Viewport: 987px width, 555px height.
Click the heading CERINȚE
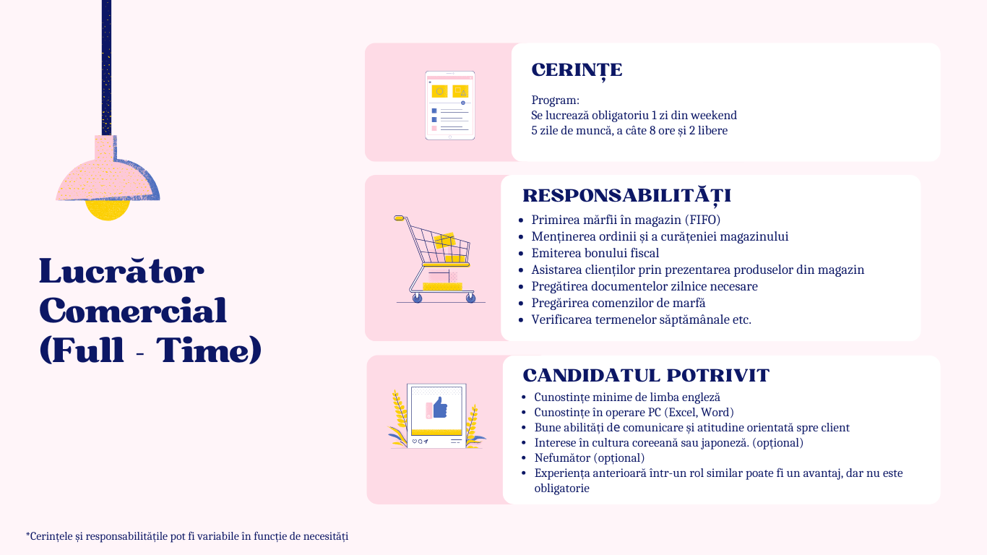[x=577, y=70]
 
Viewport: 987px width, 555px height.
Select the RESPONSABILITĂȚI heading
[x=626, y=196]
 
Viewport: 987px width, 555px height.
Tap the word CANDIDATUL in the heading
[x=591, y=376]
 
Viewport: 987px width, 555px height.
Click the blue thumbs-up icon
[x=440, y=408]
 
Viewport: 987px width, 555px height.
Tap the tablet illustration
[x=450, y=105]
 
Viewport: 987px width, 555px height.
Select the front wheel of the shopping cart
[x=470, y=298]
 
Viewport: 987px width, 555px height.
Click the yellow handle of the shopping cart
[x=399, y=218]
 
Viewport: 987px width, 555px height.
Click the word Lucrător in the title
[x=121, y=271]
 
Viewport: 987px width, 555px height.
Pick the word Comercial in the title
[x=133, y=310]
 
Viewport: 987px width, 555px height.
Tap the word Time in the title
[x=209, y=350]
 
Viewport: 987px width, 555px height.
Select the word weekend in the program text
[x=713, y=116]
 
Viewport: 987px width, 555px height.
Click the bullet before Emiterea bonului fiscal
[x=521, y=254]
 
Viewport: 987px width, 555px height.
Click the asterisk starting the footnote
[x=27, y=535]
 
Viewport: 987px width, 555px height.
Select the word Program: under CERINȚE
[x=555, y=100]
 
